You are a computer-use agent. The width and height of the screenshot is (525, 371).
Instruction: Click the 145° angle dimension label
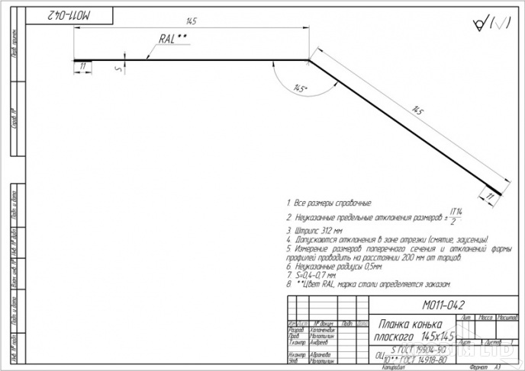click(299, 89)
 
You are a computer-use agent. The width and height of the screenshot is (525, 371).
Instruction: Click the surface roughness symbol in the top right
click(492, 24)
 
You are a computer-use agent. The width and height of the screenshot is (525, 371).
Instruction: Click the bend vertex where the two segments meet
click(308, 59)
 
